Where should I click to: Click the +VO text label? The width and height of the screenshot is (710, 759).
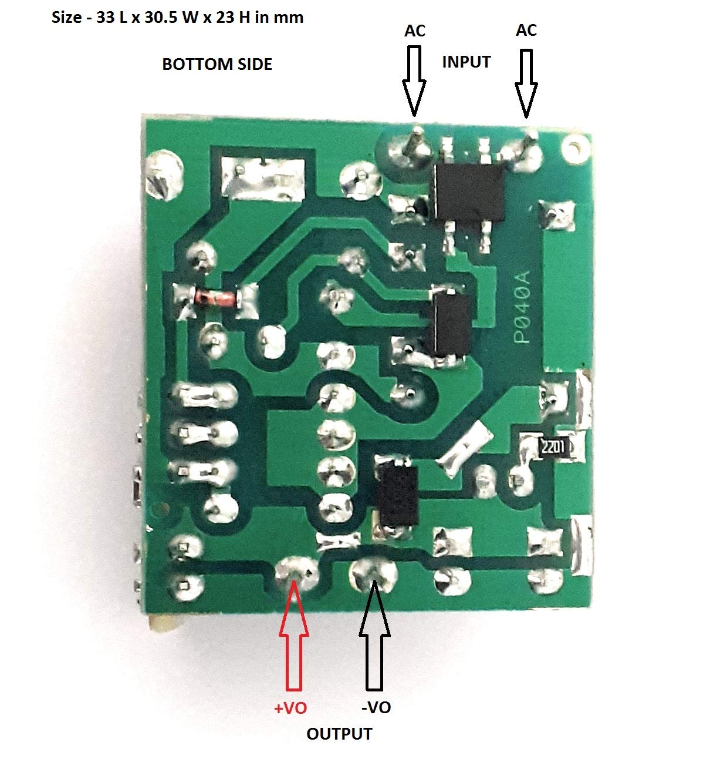click(x=290, y=708)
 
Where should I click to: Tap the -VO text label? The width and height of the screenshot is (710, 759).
click(x=376, y=707)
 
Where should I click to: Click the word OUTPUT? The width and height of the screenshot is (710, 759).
click(x=339, y=734)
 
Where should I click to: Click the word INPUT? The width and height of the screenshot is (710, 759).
click(x=466, y=62)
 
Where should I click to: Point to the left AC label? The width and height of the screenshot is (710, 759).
click(x=415, y=31)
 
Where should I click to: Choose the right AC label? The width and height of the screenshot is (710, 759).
click(x=526, y=30)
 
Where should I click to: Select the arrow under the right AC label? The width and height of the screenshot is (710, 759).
click(x=526, y=82)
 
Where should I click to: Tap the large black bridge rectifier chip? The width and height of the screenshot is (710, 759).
click(x=469, y=192)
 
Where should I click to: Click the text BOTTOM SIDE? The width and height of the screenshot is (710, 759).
click(x=217, y=64)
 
